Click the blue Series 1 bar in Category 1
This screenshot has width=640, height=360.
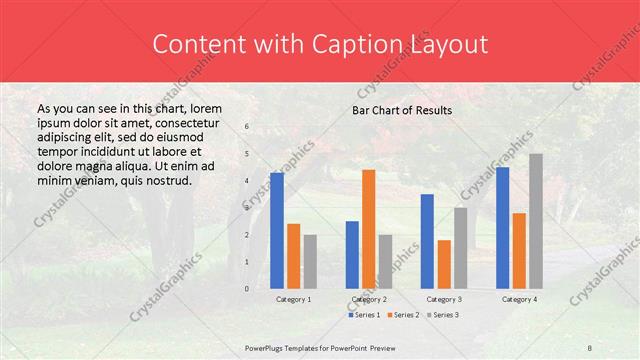coord(277,230)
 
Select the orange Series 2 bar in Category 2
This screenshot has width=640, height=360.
coord(368,229)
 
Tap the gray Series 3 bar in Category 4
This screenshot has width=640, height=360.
coord(536,221)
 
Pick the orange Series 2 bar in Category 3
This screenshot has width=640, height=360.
coord(444,264)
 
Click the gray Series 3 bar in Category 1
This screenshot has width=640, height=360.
coord(310,261)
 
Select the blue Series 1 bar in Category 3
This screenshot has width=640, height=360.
coord(427,241)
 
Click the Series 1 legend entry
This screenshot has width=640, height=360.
coord(364,315)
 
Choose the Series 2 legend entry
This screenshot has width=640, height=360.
coord(402,315)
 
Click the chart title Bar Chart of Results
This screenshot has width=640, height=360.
coord(402,110)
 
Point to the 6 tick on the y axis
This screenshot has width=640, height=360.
coord(247,127)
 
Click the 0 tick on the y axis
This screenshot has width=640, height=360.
coord(247,289)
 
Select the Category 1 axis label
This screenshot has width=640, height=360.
coord(293,299)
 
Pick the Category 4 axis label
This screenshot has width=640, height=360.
coord(519,299)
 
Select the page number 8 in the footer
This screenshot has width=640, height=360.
coord(590,347)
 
